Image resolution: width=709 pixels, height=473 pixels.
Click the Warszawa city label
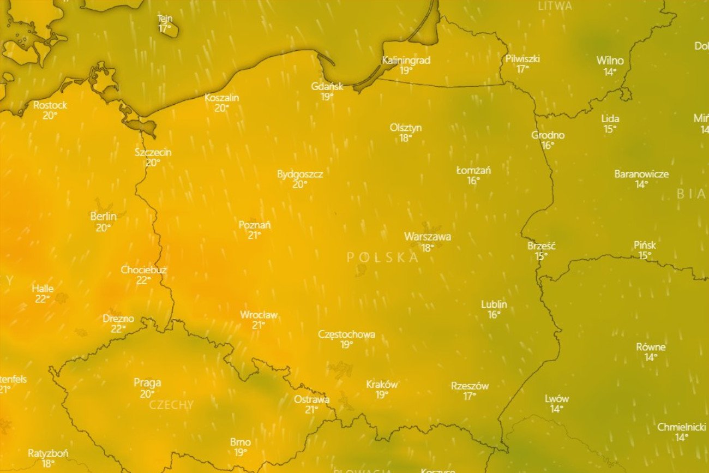(x=428, y=237)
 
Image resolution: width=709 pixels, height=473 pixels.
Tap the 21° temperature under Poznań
(x=254, y=235)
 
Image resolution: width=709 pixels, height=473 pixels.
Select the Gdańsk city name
(x=327, y=86)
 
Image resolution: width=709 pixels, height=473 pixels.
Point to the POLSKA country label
(x=382, y=258)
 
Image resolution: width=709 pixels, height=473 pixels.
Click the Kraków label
(x=382, y=384)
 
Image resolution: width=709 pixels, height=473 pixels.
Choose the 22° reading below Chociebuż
(x=143, y=280)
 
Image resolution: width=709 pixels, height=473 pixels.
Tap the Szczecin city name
(x=153, y=152)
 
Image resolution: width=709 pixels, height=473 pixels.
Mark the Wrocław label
(x=259, y=315)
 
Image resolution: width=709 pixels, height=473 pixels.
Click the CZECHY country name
(x=171, y=405)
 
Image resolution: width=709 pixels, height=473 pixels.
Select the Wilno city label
(x=610, y=61)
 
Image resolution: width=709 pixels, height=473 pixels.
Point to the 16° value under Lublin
(x=494, y=315)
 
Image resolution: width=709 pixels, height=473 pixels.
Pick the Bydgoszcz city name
(x=300, y=174)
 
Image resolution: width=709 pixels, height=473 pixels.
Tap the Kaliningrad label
(x=406, y=60)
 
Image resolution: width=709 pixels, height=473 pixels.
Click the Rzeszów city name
(x=470, y=386)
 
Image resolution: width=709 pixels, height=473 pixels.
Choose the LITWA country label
(x=555, y=6)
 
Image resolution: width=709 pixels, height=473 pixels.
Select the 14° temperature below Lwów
(x=556, y=409)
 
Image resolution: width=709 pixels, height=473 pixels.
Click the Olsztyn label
(x=405, y=128)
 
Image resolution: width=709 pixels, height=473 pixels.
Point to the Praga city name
(x=147, y=383)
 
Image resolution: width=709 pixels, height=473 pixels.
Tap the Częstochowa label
(x=346, y=334)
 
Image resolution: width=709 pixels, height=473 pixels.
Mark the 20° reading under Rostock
(x=50, y=115)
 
